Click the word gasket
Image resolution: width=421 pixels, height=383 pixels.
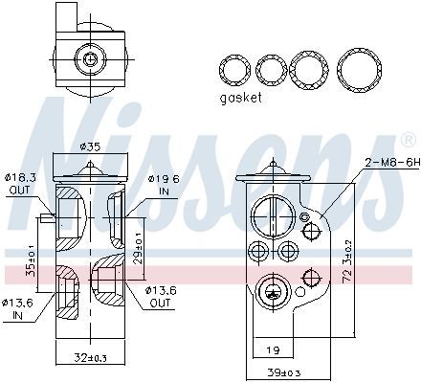241,98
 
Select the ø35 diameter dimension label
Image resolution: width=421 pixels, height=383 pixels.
90,146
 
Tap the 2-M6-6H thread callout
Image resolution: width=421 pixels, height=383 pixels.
393,163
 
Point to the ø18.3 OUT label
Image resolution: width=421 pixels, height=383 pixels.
19,184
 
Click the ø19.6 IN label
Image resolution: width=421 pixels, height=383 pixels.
164,185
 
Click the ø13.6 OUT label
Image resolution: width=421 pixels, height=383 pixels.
161,297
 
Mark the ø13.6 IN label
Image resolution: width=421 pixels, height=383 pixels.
18,309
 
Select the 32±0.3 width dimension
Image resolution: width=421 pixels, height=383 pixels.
91,358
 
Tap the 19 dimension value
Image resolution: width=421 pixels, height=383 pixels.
273,350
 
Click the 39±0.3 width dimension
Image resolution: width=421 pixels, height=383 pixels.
284,372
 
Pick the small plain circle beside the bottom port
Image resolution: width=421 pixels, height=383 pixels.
300,291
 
